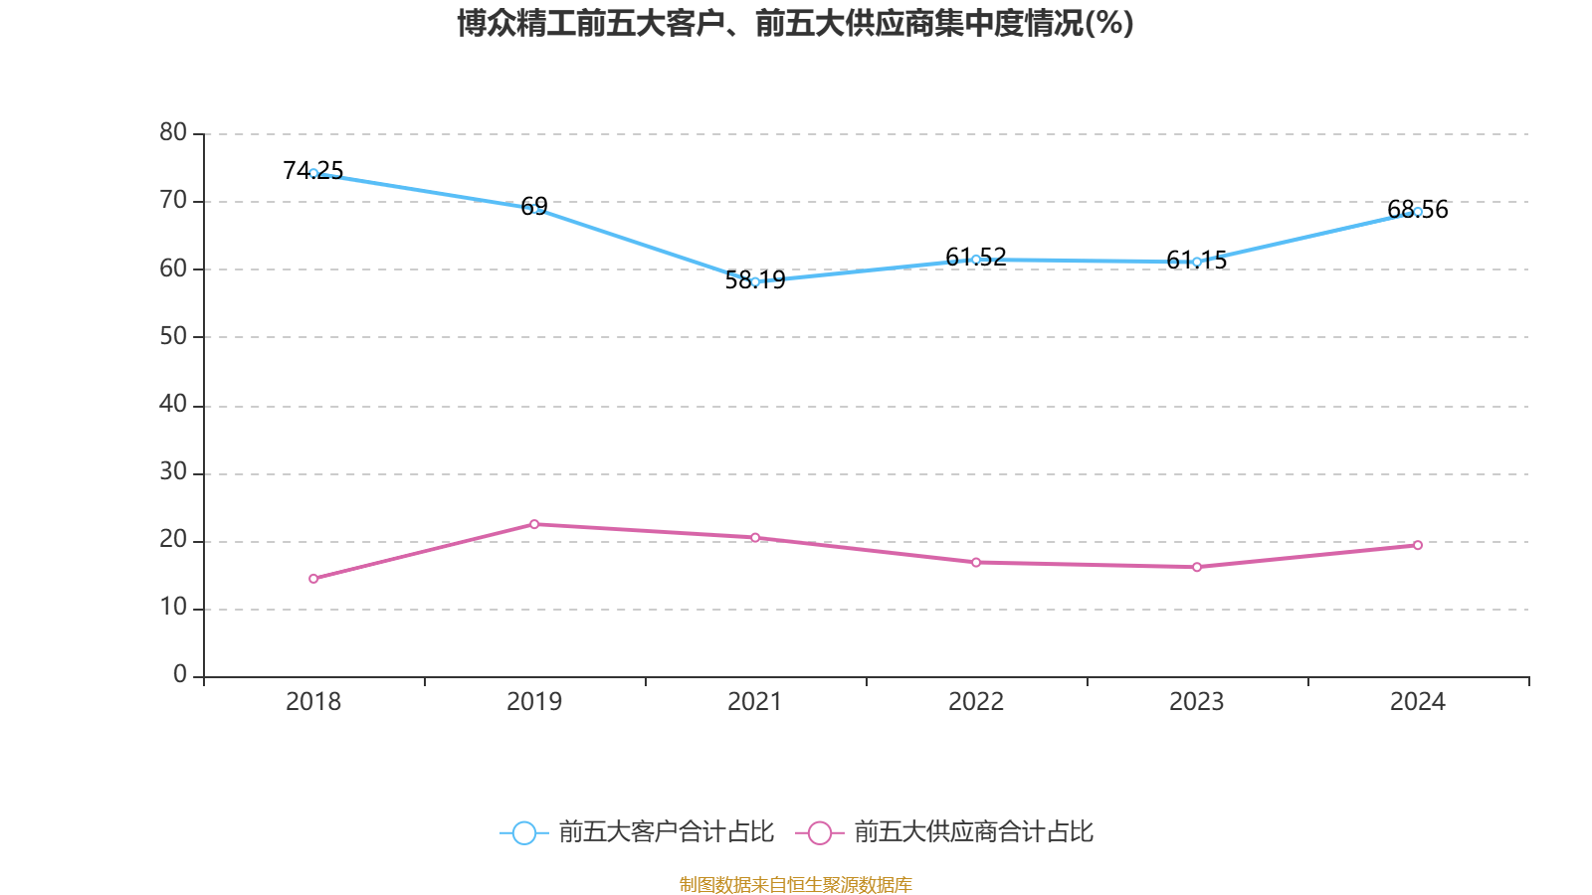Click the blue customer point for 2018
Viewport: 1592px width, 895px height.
(313, 173)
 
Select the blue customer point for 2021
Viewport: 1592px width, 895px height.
(755, 281)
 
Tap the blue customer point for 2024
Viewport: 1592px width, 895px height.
(1418, 212)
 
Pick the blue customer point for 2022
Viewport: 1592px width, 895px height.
(976, 260)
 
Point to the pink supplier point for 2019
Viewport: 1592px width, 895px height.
(534, 524)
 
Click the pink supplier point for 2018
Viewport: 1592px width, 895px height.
(313, 579)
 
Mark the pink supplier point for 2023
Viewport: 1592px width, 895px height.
(1197, 567)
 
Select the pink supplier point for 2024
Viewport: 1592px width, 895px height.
(1418, 545)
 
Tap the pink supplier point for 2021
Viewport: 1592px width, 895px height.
(755, 538)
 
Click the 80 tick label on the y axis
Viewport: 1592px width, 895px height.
(173, 132)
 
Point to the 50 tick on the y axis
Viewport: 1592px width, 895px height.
(173, 336)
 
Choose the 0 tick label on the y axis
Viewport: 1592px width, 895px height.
(180, 674)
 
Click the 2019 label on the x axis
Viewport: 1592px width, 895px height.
(534, 702)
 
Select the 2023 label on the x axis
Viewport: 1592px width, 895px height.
(1197, 702)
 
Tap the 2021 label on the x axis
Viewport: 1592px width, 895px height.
(755, 702)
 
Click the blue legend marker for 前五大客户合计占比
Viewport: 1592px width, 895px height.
(523, 832)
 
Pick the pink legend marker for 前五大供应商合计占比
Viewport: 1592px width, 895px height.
(819, 832)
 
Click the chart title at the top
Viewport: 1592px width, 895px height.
(795, 23)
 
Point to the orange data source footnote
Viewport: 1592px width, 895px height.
(795, 884)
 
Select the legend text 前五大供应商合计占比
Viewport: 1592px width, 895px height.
(973, 832)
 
